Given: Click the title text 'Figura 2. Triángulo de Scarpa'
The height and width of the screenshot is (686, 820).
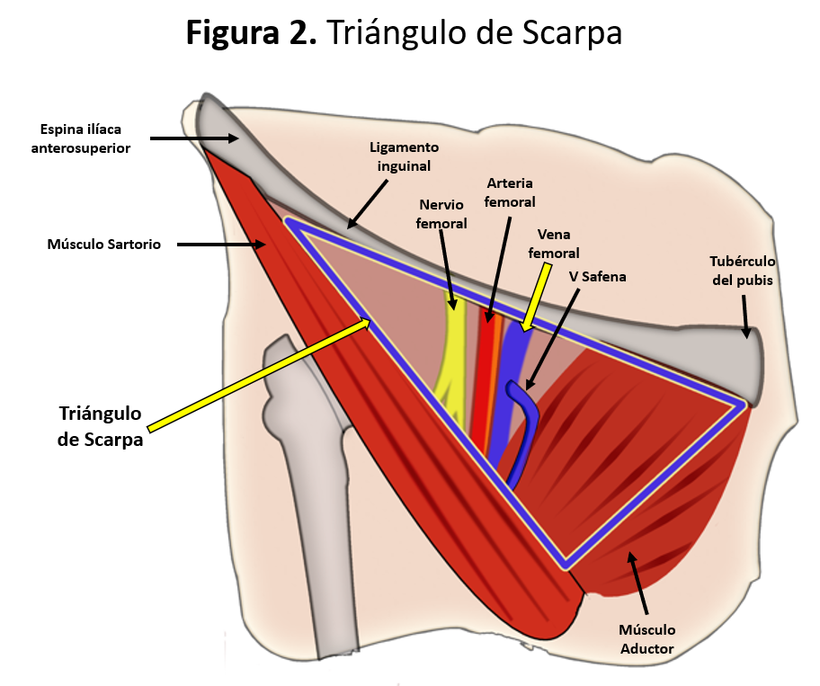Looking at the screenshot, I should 404,33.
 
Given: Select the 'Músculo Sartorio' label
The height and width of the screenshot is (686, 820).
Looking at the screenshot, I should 103,244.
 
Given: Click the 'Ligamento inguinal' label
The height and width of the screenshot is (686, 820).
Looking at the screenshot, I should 404,156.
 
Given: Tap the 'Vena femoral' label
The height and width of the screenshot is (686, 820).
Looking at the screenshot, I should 553,245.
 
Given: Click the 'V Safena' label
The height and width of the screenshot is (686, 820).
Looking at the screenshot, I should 597,277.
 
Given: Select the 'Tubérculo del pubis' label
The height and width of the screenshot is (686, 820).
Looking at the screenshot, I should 742,270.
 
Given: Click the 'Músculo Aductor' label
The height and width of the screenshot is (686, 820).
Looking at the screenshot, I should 646,638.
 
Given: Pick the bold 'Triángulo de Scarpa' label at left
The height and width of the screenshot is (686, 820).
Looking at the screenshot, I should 101,426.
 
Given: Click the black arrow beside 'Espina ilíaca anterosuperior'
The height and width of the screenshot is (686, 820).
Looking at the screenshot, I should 193,138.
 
